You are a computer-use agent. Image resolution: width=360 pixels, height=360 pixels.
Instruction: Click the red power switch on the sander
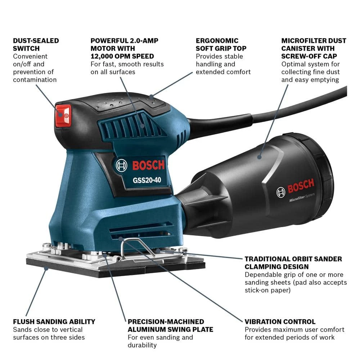tap(63, 115)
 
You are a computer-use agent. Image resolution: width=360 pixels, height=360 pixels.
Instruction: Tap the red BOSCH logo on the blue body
tap(148, 165)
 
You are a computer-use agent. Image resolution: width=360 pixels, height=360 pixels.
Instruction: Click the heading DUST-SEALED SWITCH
tap(36, 45)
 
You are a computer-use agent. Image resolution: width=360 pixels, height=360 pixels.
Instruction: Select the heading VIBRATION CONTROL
tap(280, 321)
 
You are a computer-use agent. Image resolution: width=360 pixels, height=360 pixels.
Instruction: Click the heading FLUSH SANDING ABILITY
tap(54, 321)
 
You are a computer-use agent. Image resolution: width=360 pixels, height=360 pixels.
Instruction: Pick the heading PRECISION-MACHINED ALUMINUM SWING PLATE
tap(170, 325)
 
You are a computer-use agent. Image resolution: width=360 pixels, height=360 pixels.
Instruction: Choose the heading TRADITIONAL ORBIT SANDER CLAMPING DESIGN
tap(293, 263)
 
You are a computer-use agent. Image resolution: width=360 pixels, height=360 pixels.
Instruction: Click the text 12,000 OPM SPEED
tap(122, 56)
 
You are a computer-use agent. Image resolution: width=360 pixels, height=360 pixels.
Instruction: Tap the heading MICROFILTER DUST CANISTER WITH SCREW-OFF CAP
tap(313, 49)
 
